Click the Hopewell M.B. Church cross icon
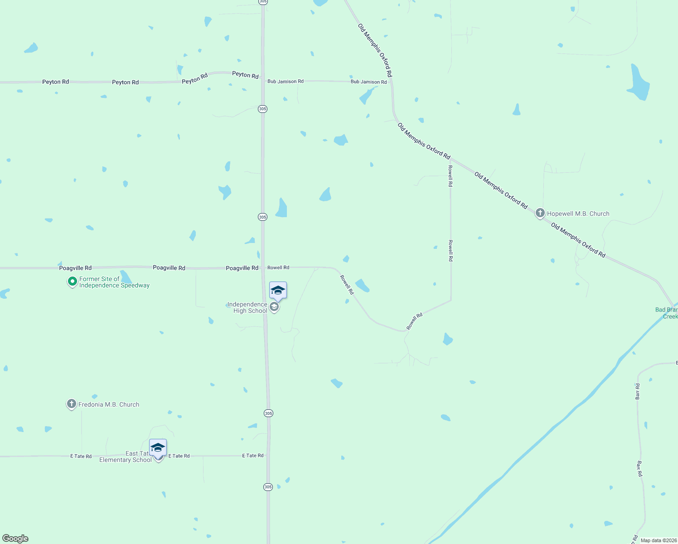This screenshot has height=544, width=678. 540,213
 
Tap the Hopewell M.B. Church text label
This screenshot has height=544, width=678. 578,214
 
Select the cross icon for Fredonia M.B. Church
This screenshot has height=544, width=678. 71,404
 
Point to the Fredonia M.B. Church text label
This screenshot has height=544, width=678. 109,404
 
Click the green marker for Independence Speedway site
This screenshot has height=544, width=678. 72,282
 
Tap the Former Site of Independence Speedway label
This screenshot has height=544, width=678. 114,282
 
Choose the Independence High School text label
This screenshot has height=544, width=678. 247,307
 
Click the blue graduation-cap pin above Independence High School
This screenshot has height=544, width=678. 278,291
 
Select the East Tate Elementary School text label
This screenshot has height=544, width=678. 125,457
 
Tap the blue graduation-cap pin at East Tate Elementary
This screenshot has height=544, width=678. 158,448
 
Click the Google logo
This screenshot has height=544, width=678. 15,539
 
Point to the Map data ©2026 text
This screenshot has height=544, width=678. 659,540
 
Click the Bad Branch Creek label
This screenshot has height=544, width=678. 667,313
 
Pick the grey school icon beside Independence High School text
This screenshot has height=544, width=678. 274,307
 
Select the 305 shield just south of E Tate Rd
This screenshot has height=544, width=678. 268,487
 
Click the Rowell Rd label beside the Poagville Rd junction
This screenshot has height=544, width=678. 278,267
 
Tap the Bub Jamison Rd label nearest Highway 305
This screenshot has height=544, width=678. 286,81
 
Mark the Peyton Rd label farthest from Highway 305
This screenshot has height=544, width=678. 55,82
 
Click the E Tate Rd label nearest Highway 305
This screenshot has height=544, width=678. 253,456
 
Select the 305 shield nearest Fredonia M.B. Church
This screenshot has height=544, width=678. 268,413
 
